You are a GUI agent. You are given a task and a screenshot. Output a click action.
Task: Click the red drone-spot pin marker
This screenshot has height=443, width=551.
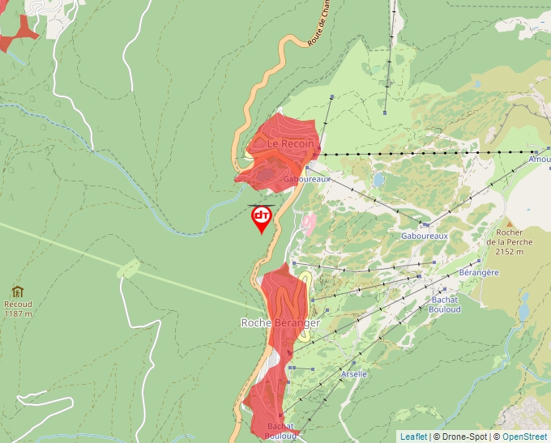pos(262,217)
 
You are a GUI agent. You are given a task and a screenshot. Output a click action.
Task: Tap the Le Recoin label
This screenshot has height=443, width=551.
pos(291,143)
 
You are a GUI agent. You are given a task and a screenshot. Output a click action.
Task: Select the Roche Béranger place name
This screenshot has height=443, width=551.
pos(280,322)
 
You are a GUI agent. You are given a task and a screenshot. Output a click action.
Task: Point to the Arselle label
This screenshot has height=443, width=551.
pos(354,374)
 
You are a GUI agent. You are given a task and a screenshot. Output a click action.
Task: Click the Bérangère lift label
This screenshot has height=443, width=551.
pos(478,273)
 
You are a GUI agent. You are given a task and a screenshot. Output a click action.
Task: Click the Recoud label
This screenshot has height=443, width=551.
pos(18,305)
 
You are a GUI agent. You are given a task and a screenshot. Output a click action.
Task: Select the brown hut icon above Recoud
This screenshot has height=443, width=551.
pos(17,292)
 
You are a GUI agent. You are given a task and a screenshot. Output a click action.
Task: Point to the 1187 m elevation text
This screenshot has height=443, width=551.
pos(18,313)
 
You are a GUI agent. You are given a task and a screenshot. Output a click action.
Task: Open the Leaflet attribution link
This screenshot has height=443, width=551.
pos(413,437)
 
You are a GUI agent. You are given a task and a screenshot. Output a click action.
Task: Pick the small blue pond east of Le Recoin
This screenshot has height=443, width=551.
pos(378,179)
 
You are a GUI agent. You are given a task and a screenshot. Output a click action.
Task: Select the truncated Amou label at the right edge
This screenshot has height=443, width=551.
pos(539,160)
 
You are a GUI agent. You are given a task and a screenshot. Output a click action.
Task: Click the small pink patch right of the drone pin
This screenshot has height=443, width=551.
pos(308,222)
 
